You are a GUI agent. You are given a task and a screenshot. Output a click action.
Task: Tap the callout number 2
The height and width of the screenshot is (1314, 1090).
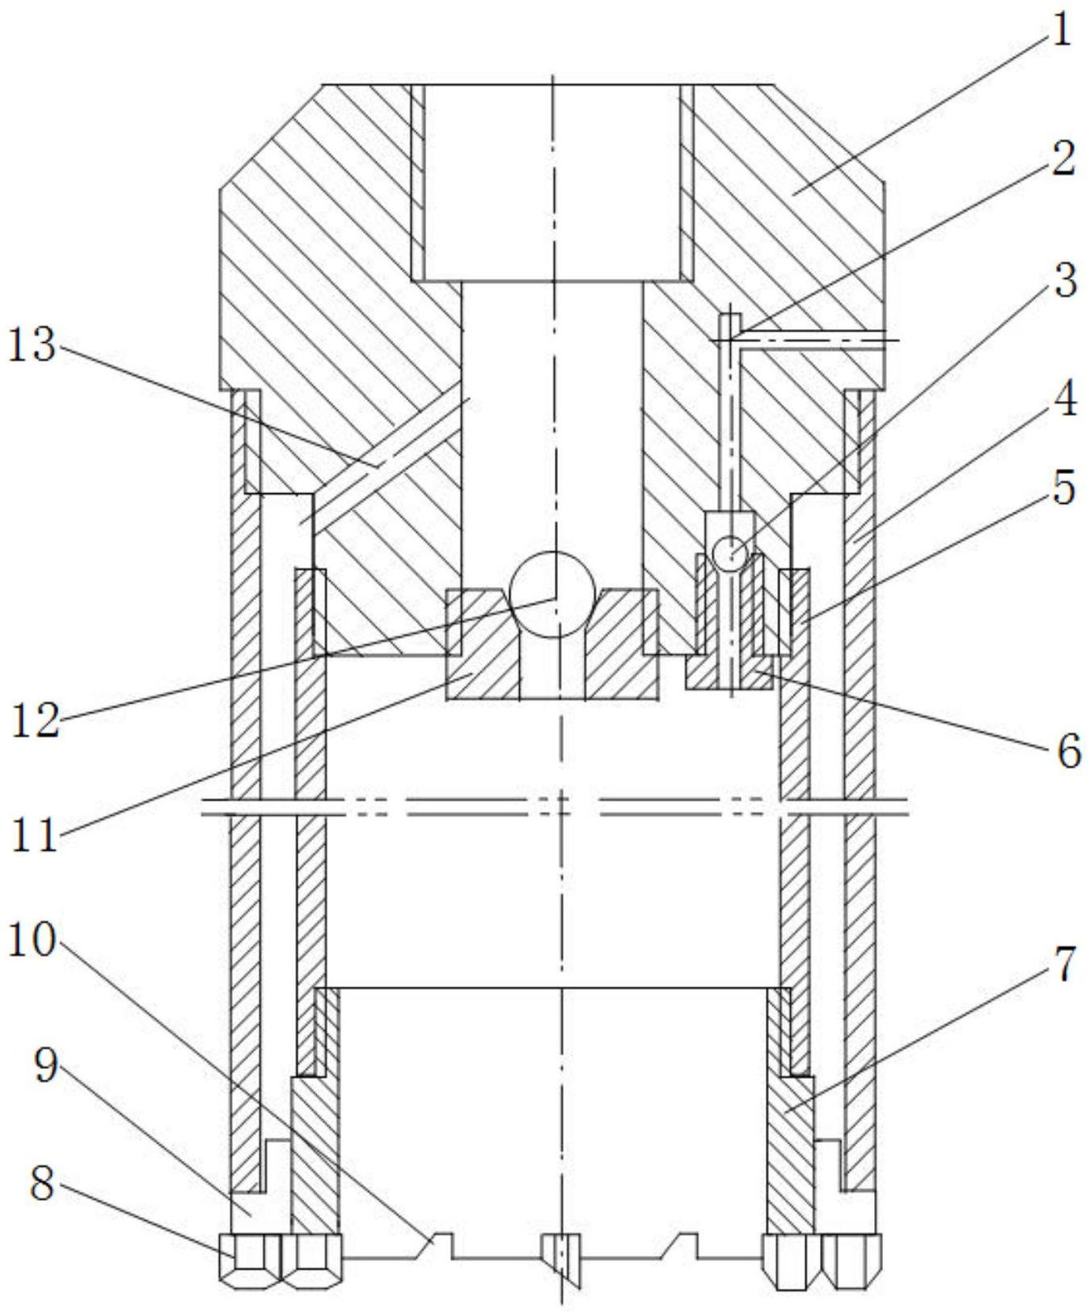point(1063,158)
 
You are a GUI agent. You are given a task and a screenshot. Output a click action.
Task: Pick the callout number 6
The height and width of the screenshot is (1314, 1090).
point(1067,752)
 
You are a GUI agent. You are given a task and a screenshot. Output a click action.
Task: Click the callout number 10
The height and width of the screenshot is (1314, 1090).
point(32,940)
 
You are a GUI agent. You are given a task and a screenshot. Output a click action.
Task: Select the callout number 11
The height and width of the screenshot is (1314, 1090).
point(34,834)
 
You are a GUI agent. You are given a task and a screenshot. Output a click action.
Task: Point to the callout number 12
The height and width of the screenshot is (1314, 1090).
point(36,719)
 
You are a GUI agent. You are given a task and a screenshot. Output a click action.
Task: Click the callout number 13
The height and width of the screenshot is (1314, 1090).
point(32,346)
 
